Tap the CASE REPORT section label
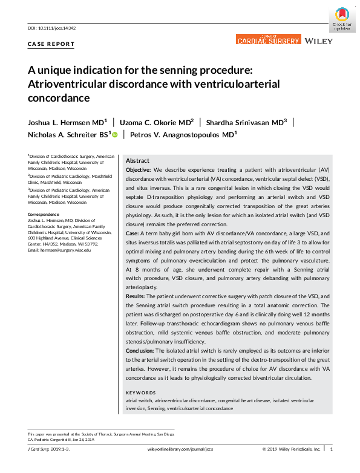point(51,44)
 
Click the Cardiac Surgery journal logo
point(268,40)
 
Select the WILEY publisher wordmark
point(318,41)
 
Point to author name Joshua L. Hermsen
point(62,122)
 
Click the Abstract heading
point(137,161)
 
